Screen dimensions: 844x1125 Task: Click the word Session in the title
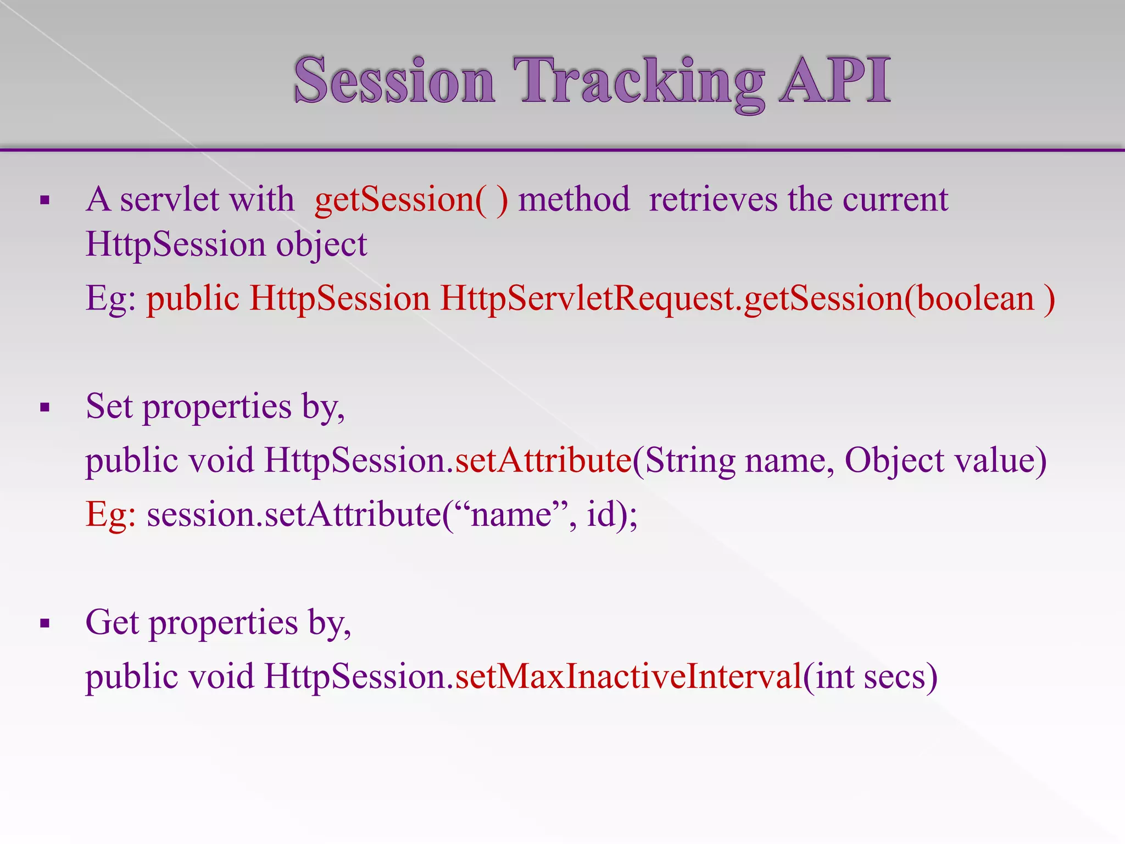point(394,81)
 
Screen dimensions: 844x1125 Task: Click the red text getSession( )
point(411,200)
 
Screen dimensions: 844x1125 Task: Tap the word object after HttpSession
point(321,245)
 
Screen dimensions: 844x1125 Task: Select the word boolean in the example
point(975,299)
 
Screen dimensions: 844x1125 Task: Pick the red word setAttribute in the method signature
point(543,460)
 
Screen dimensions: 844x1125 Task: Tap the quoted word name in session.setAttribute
point(511,515)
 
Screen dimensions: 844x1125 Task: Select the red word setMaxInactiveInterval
point(628,676)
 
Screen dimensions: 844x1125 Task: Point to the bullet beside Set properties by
point(45,408)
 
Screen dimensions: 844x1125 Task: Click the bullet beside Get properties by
point(45,624)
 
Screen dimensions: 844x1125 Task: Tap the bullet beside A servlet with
point(45,201)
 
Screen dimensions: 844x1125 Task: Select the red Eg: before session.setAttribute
point(110,515)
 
